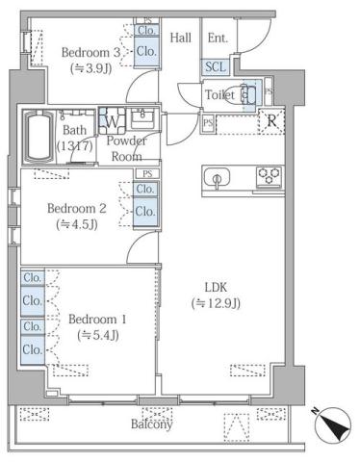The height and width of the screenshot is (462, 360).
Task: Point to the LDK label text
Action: tap(216, 286)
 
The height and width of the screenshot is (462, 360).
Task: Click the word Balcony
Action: tap(152, 424)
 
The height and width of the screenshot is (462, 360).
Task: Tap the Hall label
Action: tap(181, 38)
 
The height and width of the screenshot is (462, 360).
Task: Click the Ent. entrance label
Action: tap(218, 38)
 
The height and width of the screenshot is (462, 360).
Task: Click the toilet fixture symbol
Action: tap(248, 94)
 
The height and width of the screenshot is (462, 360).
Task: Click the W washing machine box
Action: tap(112, 121)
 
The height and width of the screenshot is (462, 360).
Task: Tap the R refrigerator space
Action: tap(273, 122)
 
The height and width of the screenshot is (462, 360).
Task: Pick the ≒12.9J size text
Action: tap(216, 303)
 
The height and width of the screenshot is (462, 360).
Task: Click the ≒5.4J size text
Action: tap(100, 336)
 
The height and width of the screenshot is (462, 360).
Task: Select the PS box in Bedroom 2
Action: tap(146, 173)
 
